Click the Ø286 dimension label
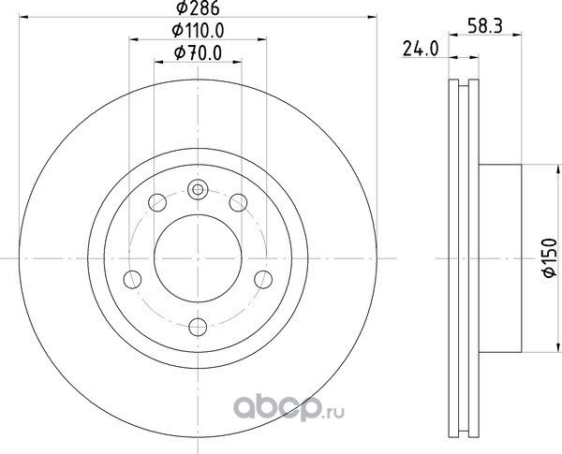(198, 8)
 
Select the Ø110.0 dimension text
(198, 31)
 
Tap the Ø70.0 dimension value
(198, 53)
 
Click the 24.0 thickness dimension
(421, 49)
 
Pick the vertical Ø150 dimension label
(550, 257)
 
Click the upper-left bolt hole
(157, 202)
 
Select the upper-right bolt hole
(238, 202)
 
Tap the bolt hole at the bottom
(198, 327)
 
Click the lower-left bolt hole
(132, 280)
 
